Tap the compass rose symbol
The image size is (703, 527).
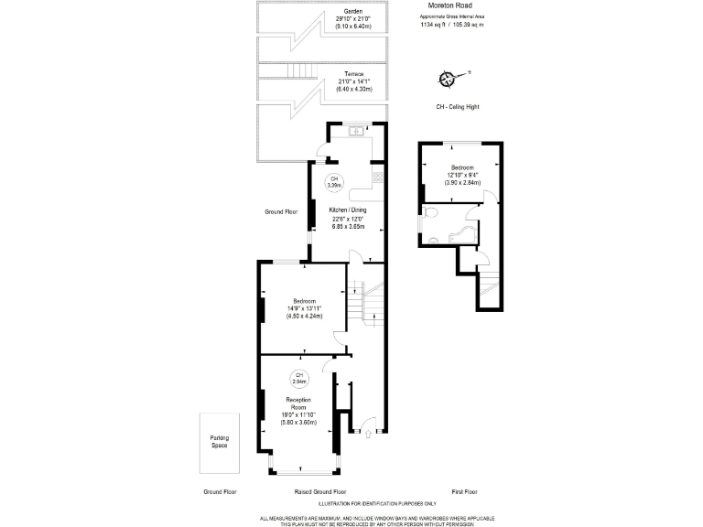click(x=448, y=79)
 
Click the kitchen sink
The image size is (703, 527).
click(x=357, y=130)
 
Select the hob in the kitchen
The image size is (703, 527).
click(x=377, y=176)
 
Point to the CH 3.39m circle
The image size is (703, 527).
click(x=335, y=181)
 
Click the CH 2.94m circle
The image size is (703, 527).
click(x=299, y=376)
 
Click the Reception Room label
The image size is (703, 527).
click(x=298, y=404)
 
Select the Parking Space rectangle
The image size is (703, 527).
click(x=219, y=442)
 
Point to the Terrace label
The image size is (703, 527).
click(x=354, y=73)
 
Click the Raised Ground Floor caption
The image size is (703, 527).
click(x=319, y=491)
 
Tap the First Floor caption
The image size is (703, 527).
click(x=464, y=491)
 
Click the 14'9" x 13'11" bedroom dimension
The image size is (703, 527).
click(x=305, y=308)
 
